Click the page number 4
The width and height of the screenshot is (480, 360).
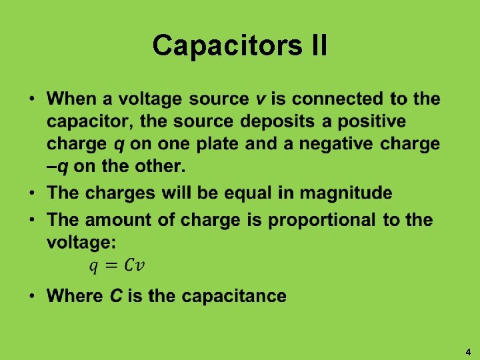[468, 352]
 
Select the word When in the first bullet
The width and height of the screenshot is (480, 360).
[71, 99]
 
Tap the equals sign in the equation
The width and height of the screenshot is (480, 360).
[112, 265]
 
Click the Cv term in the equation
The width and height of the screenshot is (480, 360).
[135, 265]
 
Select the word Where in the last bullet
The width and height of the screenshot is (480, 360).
[75, 296]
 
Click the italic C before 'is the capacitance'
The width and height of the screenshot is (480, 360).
[115, 296]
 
